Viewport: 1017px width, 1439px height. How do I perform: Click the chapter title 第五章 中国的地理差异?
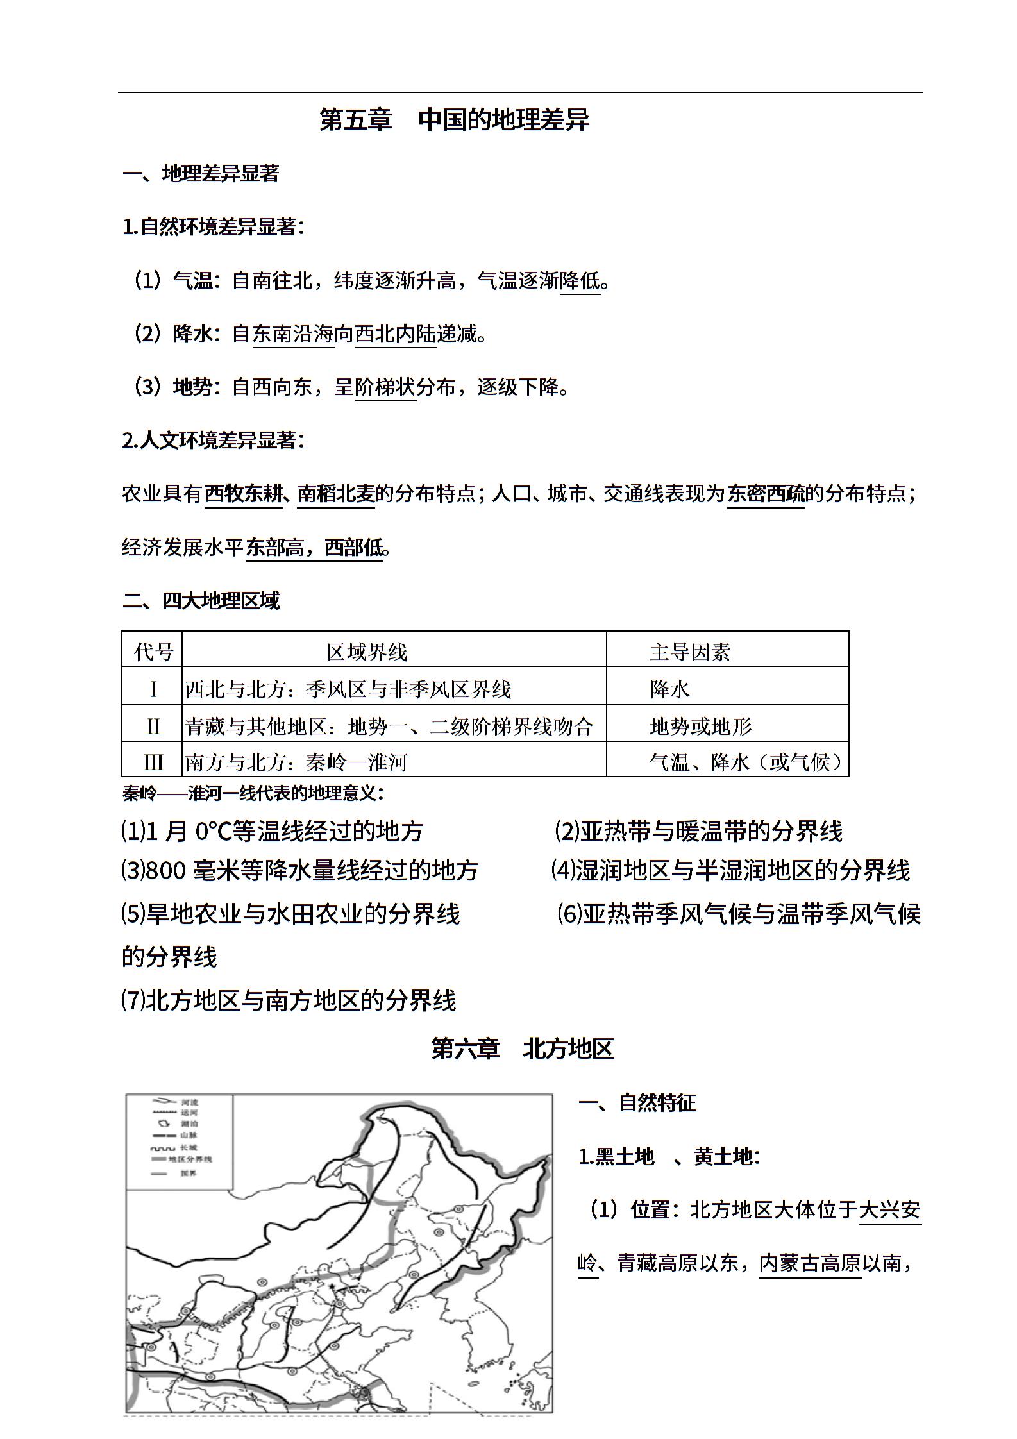coord(454,120)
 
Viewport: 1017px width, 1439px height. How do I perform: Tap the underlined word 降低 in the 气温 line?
coord(580,280)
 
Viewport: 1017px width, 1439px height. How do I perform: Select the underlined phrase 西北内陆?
coord(395,333)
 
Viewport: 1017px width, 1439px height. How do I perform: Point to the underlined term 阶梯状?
coord(385,387)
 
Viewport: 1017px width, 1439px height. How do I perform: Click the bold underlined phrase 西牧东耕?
coord(244,493)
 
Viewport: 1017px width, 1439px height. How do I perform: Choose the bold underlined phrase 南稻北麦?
coord(336,493)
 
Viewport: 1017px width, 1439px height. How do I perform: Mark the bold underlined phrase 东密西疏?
coord(766,493)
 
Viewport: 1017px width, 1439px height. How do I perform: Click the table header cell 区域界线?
coord(366,652)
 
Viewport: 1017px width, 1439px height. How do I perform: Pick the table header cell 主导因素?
coord(689,652)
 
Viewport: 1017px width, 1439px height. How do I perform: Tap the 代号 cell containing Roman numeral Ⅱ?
coord(153,726)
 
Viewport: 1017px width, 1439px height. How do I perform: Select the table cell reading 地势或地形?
coord(700,726)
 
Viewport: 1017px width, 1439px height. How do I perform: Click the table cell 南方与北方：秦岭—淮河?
coord(296,762)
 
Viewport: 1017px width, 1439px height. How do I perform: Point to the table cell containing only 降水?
coord(669,689)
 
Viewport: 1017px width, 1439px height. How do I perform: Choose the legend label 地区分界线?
coord(190,1159)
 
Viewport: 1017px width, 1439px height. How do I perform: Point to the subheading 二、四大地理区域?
coord(201,600)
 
